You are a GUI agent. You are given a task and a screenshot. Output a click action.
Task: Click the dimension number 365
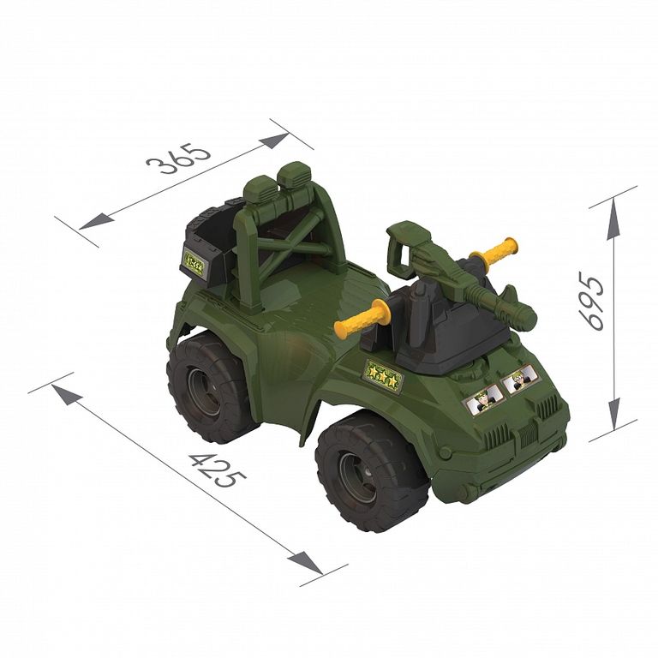[179, 159]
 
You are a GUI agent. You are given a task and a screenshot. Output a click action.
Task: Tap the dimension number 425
[218, 470]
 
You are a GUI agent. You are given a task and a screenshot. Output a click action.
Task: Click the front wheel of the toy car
[371, 471]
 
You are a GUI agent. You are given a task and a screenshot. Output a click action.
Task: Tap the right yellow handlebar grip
[493, 250]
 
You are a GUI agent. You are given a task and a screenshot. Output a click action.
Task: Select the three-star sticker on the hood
[383, 375]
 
